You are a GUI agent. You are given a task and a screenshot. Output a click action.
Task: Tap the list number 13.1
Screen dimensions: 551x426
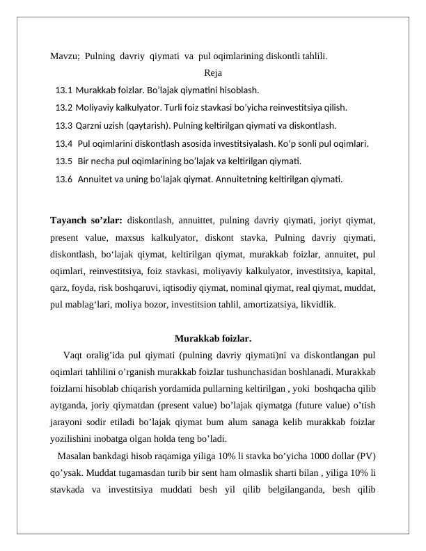(x=64, y=90)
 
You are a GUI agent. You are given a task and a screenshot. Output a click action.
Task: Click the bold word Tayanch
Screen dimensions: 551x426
(x=72, y=221)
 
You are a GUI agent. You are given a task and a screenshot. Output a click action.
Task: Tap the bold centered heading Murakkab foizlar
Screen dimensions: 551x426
(x=213, y=339)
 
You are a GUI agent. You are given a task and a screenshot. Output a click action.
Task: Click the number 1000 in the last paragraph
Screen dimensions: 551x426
(x=310, y=456)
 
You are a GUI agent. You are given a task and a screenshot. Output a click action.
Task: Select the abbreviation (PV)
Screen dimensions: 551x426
(x=365, y=456)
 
